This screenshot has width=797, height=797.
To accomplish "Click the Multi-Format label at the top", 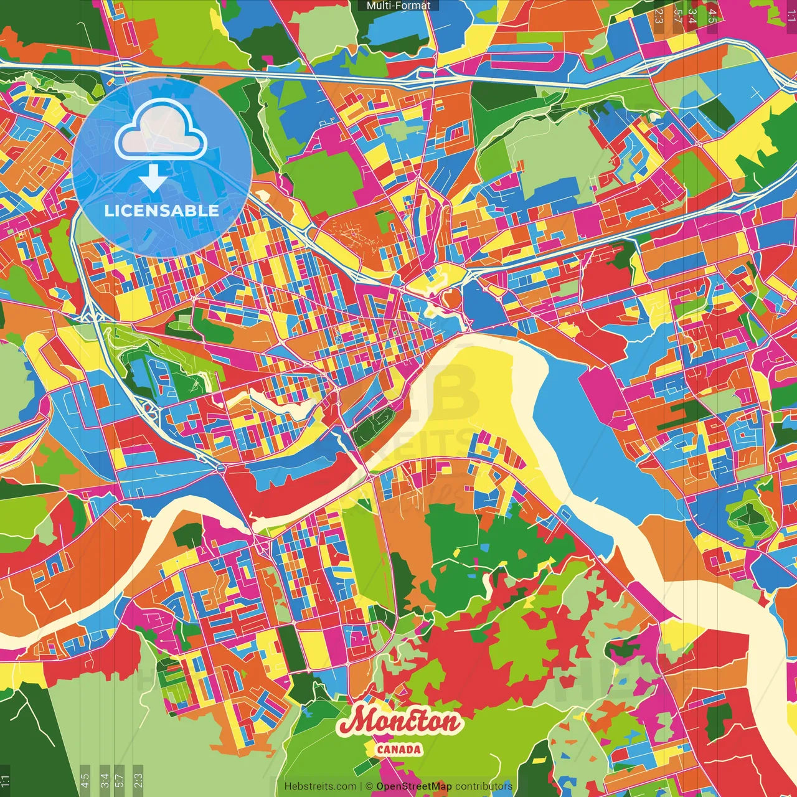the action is pyautogui.click(x=398, y=6).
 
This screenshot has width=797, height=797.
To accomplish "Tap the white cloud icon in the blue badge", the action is pyautogui.click(x=161, y=131).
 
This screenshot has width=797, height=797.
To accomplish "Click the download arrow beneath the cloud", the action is pyautogui.click(x=153, y=178).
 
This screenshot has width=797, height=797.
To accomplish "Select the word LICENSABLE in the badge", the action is pyautogui.click(x=162, y=210).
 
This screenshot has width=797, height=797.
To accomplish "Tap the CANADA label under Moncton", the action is pyautogui.click(x=398, y=749).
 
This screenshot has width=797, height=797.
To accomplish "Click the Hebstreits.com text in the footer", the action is pyautogui.click(x=321, y=786).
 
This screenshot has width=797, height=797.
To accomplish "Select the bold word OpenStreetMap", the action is pyautogui.click(x=414, y=786).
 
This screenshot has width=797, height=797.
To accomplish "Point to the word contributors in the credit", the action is pyautogui.click(x=484, y=786).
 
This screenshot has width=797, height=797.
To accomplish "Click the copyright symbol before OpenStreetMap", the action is pyautogui.click(x=369, y=786).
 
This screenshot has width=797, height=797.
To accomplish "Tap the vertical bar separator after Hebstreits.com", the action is pyautogui.click(x=361, y=786).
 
